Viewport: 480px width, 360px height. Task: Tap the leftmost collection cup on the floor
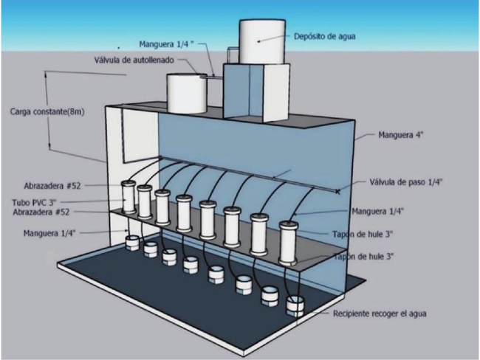coord(132,241)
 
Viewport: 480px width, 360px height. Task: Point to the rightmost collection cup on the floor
coord(295,305)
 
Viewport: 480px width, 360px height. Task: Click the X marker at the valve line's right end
coord(338,191)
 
